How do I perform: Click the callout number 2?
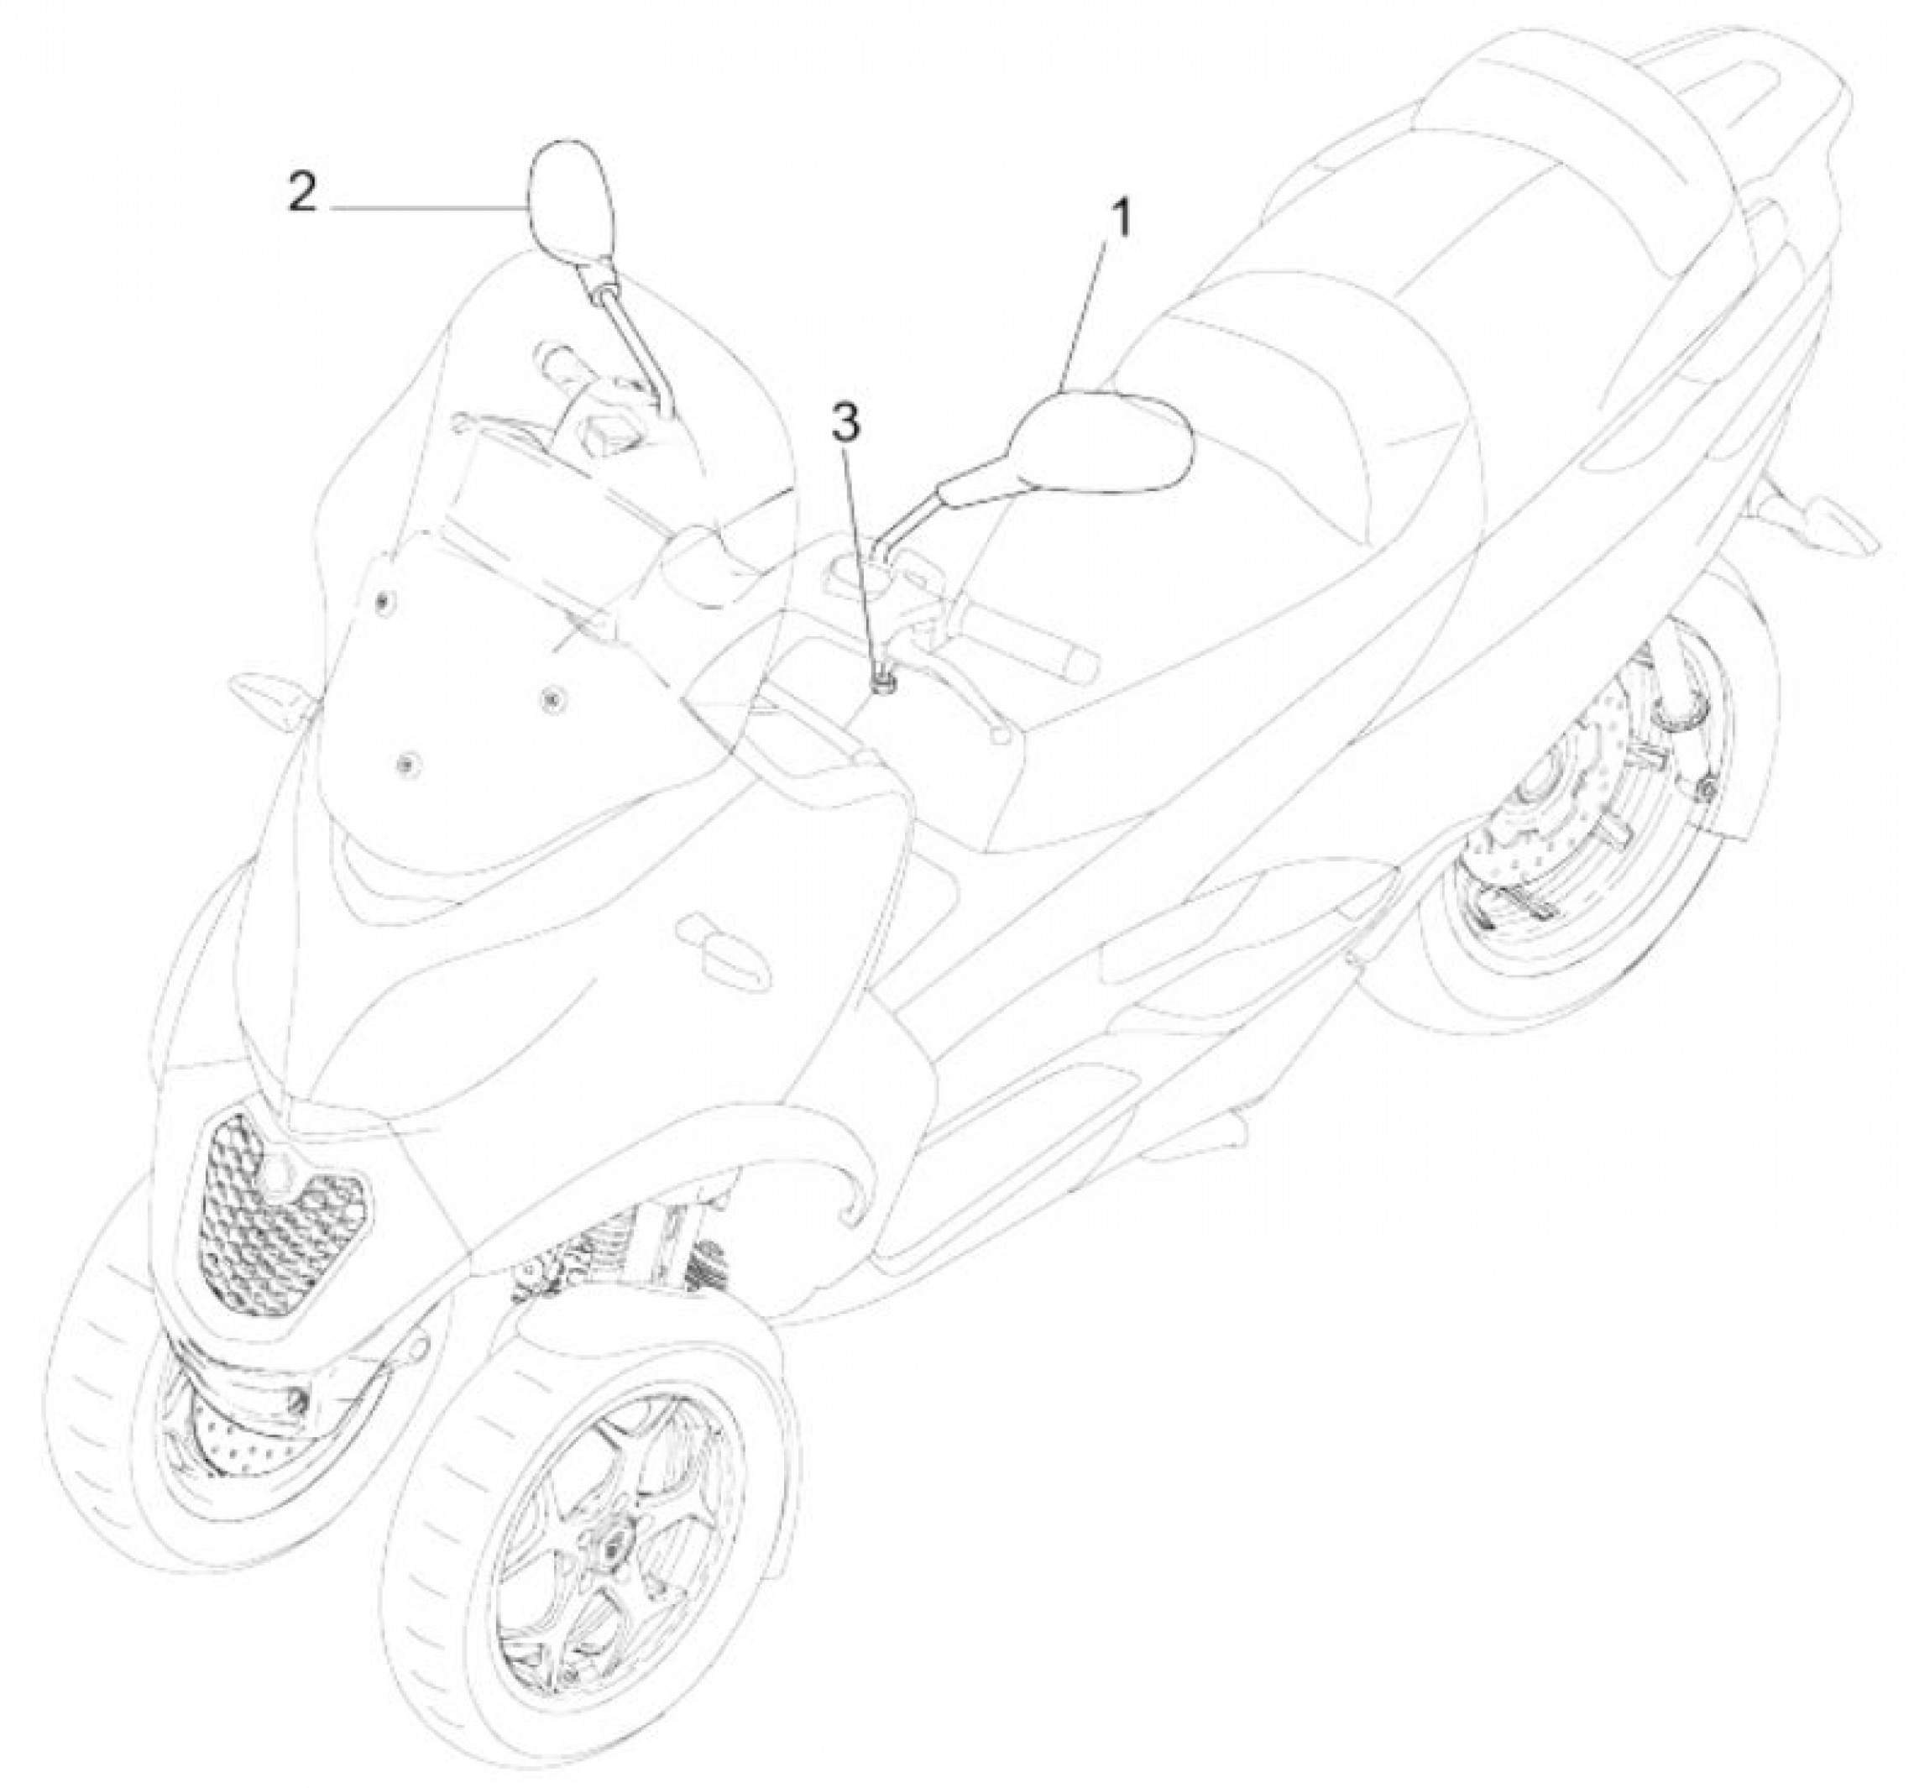coord(301,194)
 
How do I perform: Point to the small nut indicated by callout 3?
coord(882,682)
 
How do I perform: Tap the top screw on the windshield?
coord(384,603)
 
